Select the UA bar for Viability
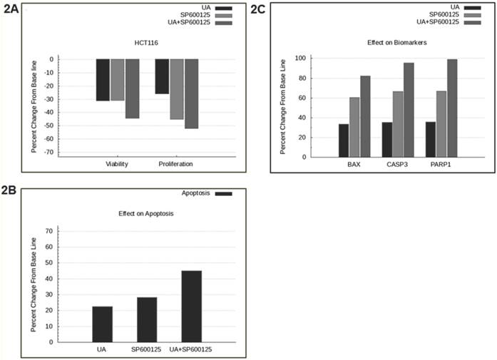click(103, 80)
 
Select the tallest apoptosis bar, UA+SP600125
click(191, 307)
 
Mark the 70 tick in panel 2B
click(49, 231)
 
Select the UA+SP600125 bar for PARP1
click(452, 108)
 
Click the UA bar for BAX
click(344, 140)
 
